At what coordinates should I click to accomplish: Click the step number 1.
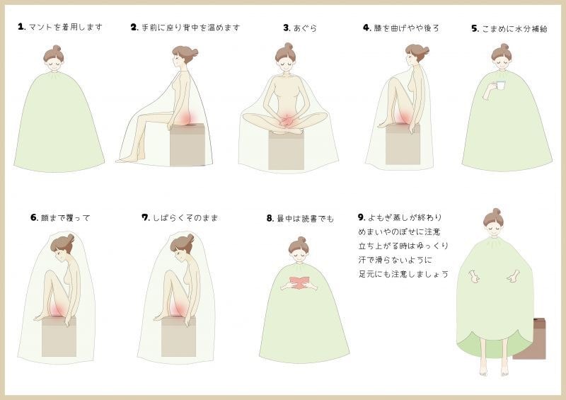click(21, 27)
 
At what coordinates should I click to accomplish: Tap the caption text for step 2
click(190, 28)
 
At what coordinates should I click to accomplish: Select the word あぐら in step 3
click(305, 28)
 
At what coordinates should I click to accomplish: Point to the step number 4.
click(366, 28)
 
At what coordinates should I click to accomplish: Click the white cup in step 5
click(501, 85)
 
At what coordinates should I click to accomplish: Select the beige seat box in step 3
click(286, 150)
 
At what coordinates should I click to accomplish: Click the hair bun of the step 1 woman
click(57, 48)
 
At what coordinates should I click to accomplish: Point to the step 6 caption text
click(65, 218)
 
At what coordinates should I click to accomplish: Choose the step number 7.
click(146, 217)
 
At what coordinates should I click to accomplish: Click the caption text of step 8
click(305, 218)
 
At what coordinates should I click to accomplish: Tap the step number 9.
click(362, 217)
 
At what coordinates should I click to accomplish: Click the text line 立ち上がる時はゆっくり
click(403, 246)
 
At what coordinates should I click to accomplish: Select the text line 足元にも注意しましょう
click(403, 274)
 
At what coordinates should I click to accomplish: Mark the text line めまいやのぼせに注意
click(399, 232)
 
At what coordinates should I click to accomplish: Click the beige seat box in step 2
click(187, 144)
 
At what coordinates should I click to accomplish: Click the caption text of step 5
click(515, 28)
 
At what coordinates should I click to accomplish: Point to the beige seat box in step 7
click(178, 336)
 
